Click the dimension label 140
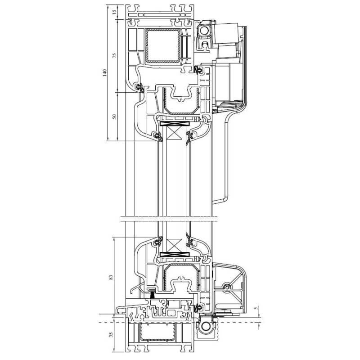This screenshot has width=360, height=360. point(105,72)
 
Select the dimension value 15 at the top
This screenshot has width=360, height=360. point(115,12)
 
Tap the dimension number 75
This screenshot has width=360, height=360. point(115,55)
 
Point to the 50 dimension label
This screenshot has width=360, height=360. point(115,117)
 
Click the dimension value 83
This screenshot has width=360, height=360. point(111,277)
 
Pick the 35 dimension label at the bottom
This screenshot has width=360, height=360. point(111,334)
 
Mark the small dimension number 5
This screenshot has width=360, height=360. point(256,309)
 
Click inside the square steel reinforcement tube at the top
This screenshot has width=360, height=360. point(162,46)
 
